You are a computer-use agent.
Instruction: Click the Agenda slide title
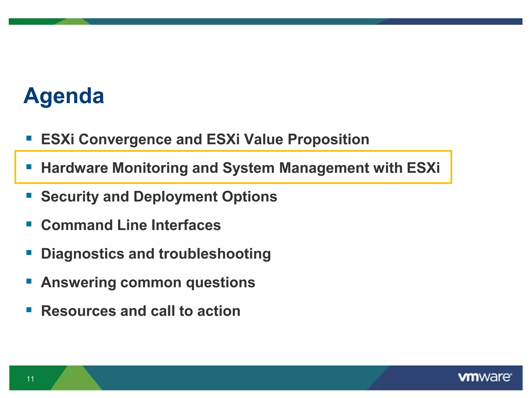64,96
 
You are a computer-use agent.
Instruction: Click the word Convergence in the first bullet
125,139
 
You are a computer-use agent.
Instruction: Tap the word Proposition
328,139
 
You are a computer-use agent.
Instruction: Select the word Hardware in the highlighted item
74,168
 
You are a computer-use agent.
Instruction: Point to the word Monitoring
150,168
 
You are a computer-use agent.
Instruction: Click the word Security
70,196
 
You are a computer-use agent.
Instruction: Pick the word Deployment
175,196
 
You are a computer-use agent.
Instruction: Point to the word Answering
79,282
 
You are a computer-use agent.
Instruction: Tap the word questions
220,282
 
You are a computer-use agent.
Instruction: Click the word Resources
78,311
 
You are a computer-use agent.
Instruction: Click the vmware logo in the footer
484,377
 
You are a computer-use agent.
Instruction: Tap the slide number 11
30,379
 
